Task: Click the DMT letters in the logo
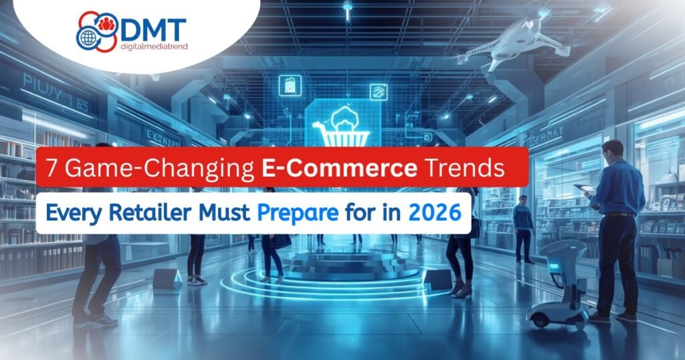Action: (153, 29)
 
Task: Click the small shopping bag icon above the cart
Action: (290, 86)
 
